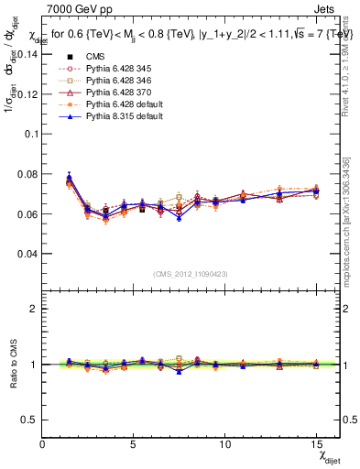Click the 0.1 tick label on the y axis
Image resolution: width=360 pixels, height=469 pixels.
click(29, 134)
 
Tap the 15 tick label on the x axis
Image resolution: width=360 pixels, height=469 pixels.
click(315, 443)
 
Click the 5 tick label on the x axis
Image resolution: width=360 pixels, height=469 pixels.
click(133, 443)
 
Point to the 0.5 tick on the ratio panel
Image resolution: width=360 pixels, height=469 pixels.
click(29, 420)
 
